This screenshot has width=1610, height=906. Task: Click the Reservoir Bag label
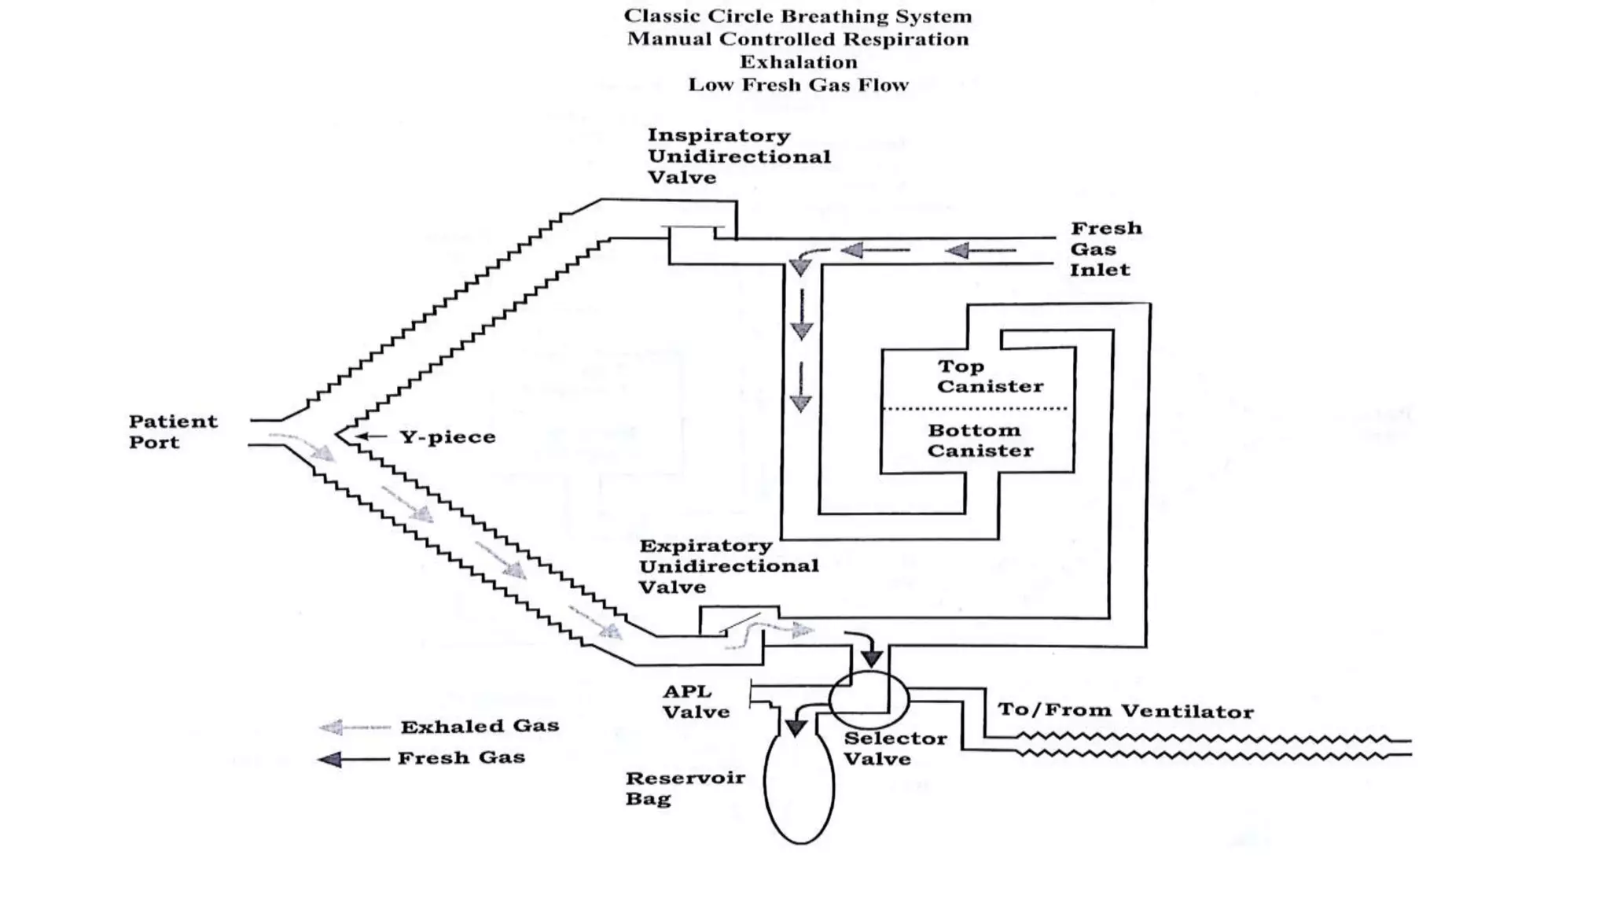click(684, 788)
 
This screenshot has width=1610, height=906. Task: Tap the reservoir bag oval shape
click(799, 786)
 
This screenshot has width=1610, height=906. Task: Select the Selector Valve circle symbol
click(869, 699)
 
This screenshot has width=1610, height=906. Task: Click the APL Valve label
click(696, 702)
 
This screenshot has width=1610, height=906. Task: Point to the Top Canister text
click(989, 376)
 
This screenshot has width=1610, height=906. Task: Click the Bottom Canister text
click(980, 440)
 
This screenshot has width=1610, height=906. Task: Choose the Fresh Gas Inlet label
click(1105, 249)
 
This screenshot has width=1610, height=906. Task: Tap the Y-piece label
click(447, 436)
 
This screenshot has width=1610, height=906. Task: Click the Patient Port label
click(172, 432)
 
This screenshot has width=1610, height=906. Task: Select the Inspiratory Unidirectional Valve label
click(737, 156)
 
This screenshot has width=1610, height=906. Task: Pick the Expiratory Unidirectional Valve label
click(727, 566)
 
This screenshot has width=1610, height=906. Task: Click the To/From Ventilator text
click(1125, 710)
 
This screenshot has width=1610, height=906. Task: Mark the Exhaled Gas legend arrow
click(354, 727)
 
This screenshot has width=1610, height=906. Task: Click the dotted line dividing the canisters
click(975, 409)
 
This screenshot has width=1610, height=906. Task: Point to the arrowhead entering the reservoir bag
click(796, 727)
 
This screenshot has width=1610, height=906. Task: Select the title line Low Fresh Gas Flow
click(798, 85)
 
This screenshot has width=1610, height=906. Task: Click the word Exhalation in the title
click(798, 62)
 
